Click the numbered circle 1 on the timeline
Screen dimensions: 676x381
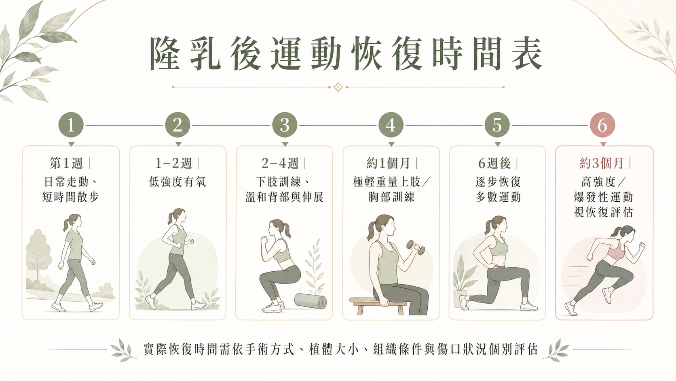pos(71,125)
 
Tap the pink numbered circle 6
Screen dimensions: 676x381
pos(602,125)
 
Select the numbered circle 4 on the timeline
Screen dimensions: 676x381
pos(391,125)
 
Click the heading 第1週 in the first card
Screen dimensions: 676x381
pos(66,164)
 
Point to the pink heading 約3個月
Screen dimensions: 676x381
pos(602,164)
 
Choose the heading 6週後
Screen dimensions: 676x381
pos(494,164)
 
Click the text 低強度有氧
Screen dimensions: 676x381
pos(177,182)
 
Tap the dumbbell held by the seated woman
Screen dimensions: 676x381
pos(416,247)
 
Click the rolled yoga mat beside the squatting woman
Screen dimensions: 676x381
pos(310,301)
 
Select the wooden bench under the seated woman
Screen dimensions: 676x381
pos(377,305)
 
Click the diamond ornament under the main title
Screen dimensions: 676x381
pos(338,87)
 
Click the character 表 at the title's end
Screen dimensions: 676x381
pos(527,53)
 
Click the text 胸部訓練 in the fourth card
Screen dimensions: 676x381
pos(391,197)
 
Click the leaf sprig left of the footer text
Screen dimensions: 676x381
pos(122,350)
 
